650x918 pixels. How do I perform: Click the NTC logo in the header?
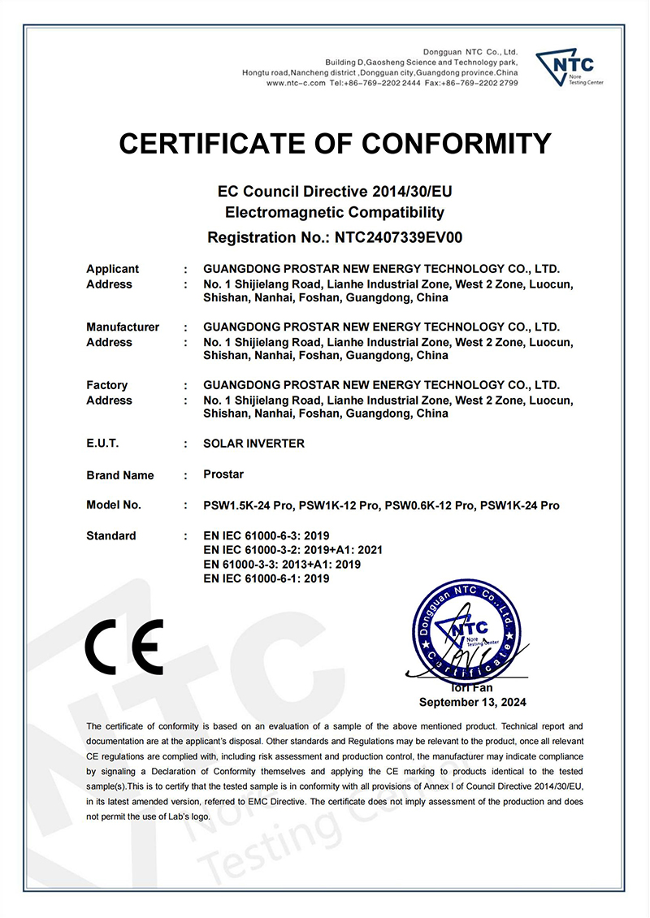[569, 67]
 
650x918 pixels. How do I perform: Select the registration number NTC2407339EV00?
[393, 238]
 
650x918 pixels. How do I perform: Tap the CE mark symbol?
[124, 645]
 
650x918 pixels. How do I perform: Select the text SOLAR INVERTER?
[254, 444]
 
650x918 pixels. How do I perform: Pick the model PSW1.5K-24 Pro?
[248, 505]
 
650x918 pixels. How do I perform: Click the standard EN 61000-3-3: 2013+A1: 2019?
[282, 564]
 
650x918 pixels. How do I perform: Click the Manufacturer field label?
[123, 327]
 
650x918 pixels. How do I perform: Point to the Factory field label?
[106, 385]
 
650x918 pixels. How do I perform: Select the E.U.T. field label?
[102, 444]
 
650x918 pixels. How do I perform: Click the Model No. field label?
[114, 505]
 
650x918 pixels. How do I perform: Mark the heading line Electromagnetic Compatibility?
[334, 214]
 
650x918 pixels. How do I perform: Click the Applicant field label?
[112, 269]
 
